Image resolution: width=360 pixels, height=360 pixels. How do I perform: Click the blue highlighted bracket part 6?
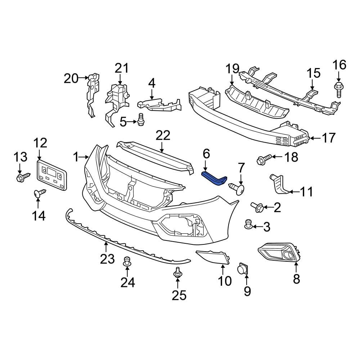point(215,179)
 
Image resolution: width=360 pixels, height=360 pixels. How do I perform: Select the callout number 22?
point(162,136)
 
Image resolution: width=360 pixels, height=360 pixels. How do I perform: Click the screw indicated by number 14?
point(39,193)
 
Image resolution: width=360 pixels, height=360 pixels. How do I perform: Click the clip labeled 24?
point(127,261)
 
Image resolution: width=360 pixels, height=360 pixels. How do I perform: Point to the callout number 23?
point(107,258)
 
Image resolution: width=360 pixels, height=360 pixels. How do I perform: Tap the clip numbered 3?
point(248,224)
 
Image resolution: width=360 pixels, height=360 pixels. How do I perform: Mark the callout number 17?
point(328,138)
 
